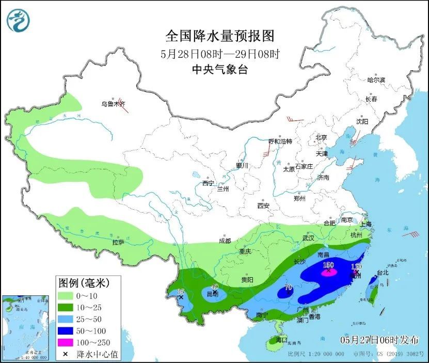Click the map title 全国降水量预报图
point(219,36)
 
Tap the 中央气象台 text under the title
point(219,69)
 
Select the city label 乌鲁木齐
point(113,104)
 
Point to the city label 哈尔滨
point(376,80)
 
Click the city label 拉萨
point(118,242)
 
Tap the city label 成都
point(225,241)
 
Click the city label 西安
point(263,206)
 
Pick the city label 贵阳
point(247,279)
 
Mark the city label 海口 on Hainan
point(281,340)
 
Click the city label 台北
point(382,272)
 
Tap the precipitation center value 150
point(328,265)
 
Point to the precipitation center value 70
point(288,287)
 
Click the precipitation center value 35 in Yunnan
point(181,292)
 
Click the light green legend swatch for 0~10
point(66,296)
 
